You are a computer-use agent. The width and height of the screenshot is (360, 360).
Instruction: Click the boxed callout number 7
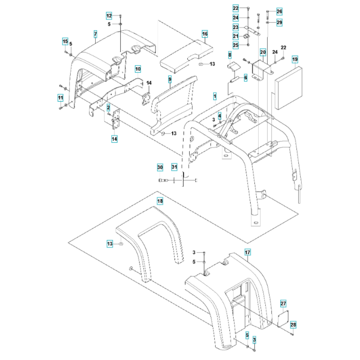click(95, 34)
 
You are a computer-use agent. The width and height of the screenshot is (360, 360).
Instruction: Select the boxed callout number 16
click(204, 34)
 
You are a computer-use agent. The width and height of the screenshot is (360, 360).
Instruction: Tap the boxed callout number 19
click(295, 59)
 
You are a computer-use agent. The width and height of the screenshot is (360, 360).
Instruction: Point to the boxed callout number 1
click(215, 96)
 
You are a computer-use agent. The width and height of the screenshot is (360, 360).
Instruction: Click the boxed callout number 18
click(160, 200)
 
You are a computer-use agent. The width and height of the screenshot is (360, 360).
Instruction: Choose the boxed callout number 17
click(247, 253)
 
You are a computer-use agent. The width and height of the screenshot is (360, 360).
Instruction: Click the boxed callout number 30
click(160, 167)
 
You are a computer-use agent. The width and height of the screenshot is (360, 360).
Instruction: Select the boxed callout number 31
click(174, 167)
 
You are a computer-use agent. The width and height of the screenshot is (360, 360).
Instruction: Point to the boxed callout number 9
click(170, 78)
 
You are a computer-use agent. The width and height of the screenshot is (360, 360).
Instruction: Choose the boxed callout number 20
click(263, 53)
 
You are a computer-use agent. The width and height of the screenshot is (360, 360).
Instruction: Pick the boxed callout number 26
click(279, 12)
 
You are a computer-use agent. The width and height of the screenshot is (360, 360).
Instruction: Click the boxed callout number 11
click(60, 97)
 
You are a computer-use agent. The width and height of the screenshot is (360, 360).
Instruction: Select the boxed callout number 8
click(229, 54)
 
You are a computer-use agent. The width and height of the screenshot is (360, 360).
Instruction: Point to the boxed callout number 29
click(279, 23)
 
